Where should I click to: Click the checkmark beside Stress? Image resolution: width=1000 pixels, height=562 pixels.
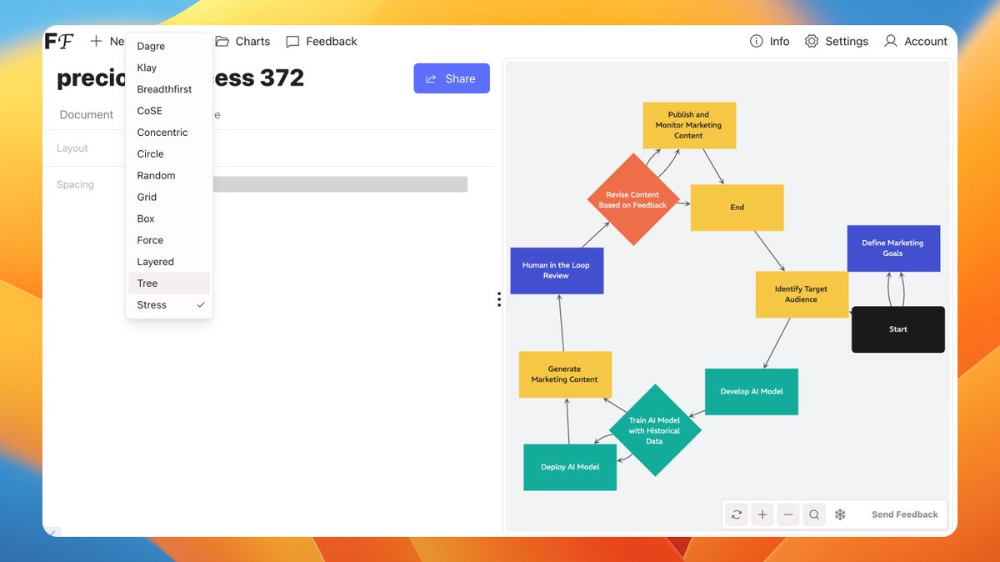coord(201,305)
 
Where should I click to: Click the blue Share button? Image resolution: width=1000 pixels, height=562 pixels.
coord(451,78)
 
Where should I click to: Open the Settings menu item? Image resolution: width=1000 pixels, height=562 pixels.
coord(836,41)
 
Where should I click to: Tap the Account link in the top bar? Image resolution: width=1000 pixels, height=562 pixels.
coord(915,41)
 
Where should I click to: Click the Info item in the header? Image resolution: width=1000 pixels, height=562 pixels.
coord(769,41)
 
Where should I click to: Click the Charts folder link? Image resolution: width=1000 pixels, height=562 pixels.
coord(242,41)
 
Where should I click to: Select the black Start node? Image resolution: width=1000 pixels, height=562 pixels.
coord(897,329)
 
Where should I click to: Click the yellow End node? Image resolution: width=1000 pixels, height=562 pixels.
coord(737,208)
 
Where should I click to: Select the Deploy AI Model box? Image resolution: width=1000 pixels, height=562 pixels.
coord(570,467)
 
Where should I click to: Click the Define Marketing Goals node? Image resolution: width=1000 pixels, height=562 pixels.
coord(893,248)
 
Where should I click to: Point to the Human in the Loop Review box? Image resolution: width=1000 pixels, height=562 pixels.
coord(556,270)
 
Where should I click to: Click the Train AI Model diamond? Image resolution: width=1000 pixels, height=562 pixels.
coord(654,430)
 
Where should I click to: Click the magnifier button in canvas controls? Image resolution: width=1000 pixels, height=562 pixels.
coord(814,514)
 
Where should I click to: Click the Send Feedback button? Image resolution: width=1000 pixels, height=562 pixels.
coord(904,514)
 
